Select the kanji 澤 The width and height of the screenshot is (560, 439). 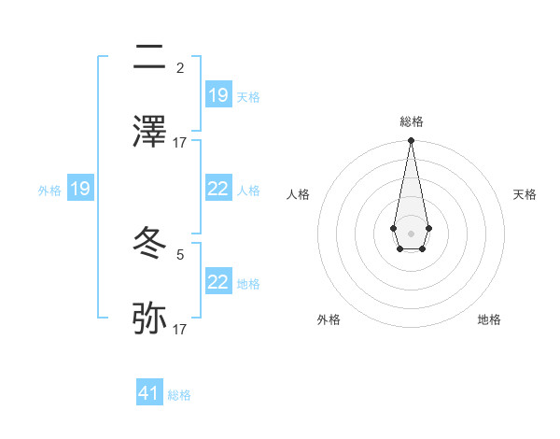click(150, 132)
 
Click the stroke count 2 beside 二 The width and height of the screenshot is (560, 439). click(180, 67)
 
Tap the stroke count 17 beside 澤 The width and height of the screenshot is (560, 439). click(180, 142)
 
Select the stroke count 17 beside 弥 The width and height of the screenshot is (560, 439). click(180, 330)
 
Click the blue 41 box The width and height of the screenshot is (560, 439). click(149, 393)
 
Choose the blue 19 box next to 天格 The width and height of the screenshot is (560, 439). click(218, 95)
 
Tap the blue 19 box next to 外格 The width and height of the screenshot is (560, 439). click(80, 190)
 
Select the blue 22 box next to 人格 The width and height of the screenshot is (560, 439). click(218, 190)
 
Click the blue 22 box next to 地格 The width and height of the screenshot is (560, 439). click(218, 282)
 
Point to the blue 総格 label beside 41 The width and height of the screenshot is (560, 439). click(179, 395)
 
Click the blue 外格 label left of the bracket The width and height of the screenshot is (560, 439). click(49, 191)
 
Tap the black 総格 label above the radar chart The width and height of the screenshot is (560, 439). click(411, 121)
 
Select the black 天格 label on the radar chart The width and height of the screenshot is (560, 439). click(525, 194)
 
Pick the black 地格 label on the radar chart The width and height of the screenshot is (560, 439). click(489, 319)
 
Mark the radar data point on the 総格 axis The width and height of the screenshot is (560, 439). click(411, 140)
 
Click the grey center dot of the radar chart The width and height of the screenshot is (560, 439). click(411, 233)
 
